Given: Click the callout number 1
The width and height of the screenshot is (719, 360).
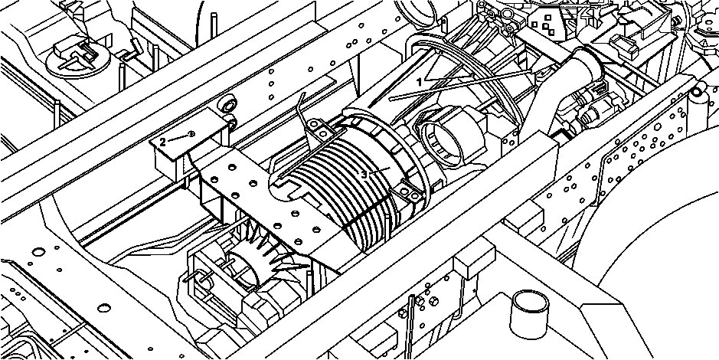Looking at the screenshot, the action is pyautogui.click(x=419, y=82).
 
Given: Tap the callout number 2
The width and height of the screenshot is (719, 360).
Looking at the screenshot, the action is pyautogui.click(x=163, y=142).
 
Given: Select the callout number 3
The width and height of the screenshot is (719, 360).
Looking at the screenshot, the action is pyautogui.click(x=364, y=175).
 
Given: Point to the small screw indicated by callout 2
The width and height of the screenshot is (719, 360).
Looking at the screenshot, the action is pyautogui.click(x=191, y=134).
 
